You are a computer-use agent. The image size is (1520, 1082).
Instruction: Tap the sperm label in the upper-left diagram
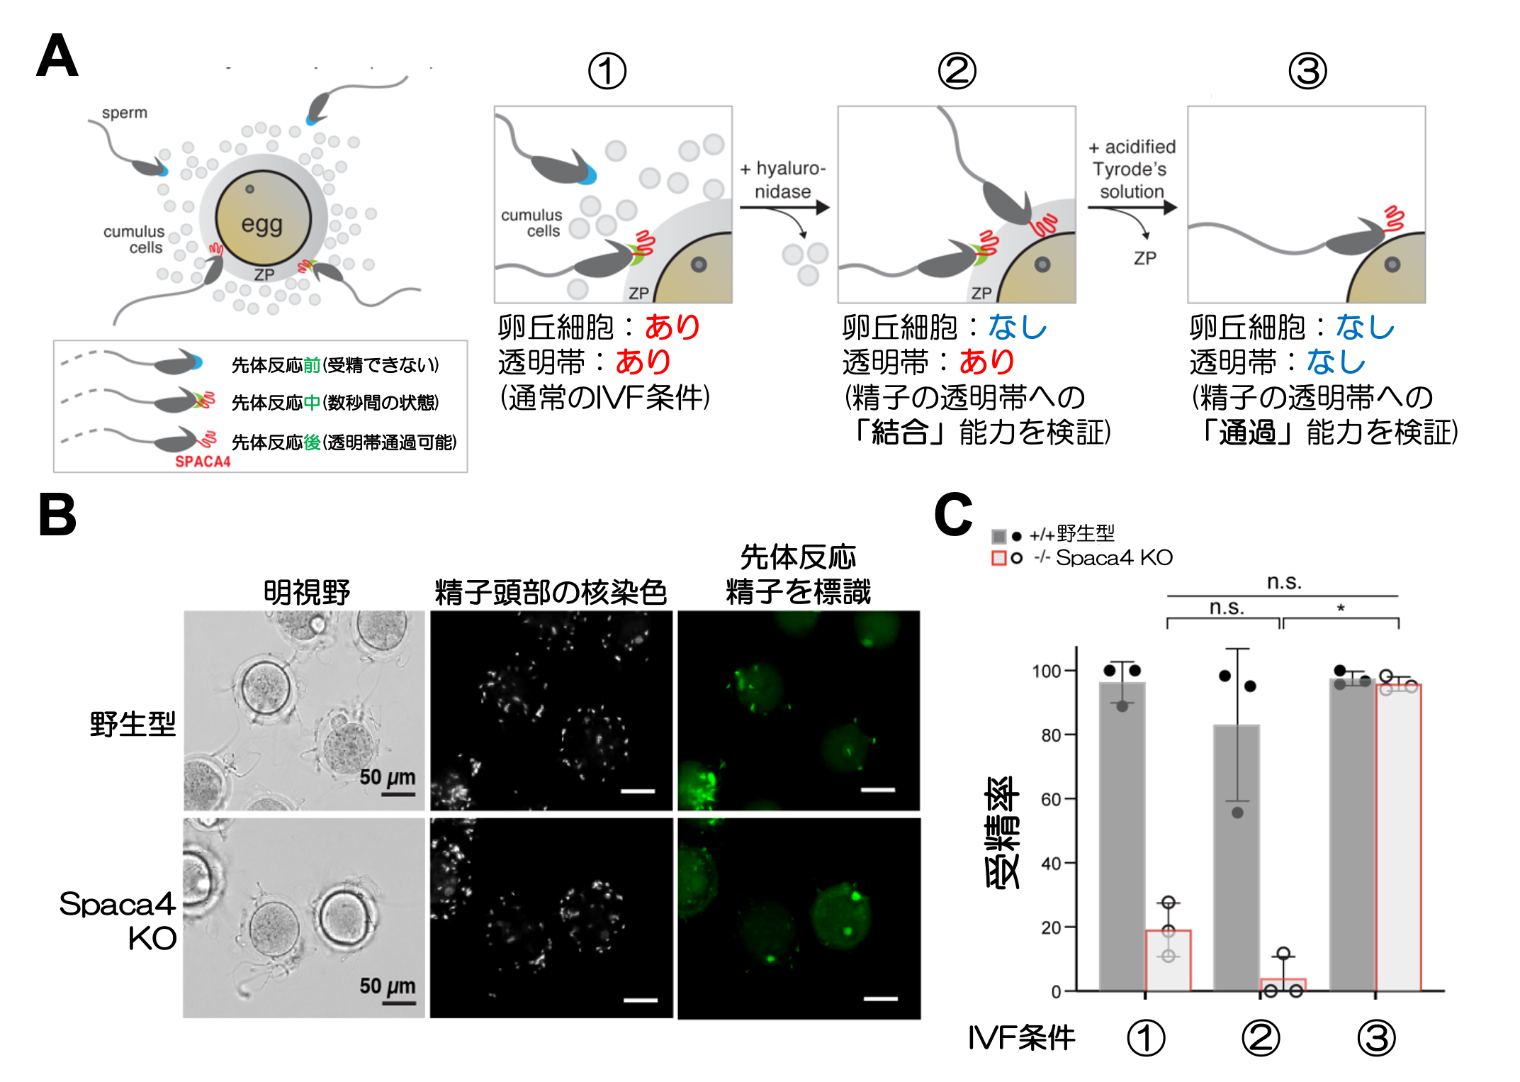[124, 113]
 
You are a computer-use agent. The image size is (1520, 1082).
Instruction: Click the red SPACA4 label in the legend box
[203, 462]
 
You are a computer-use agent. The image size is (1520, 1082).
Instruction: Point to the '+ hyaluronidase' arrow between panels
[784, 207]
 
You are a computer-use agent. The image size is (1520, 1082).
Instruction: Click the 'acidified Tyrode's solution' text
[1132, 169]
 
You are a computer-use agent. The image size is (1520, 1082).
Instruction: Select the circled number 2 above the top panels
[957, 72]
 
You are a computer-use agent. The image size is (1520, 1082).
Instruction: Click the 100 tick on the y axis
[1047, 671]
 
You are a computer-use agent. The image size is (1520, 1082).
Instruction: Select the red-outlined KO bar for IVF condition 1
[1168, 961]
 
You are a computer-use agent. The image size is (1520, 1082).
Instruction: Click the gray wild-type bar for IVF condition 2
[1237, 858]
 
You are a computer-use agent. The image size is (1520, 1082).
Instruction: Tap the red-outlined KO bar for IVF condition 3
[1398, 837]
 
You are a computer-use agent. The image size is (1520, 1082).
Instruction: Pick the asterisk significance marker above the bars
[1341, 608]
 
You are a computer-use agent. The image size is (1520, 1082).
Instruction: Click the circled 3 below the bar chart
[1376, 1038]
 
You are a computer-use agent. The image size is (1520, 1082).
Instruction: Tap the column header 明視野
[307, 592]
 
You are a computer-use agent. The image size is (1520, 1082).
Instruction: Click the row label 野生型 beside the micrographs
[133, 724]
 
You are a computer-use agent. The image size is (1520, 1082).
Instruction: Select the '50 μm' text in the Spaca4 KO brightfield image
[387, 986]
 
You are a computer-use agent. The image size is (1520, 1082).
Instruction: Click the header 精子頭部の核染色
[551, 592]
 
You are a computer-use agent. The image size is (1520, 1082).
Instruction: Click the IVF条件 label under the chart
[1021, 1038]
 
